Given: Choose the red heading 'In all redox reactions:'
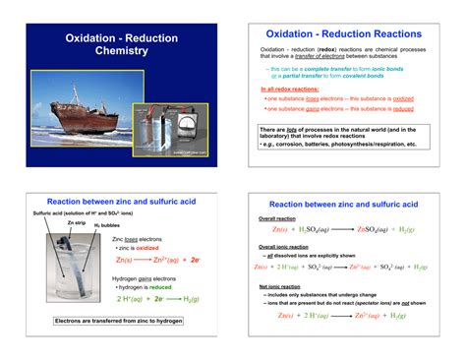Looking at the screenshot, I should coord(290,90).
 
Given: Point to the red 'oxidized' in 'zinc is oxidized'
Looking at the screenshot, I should coord(155,249).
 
